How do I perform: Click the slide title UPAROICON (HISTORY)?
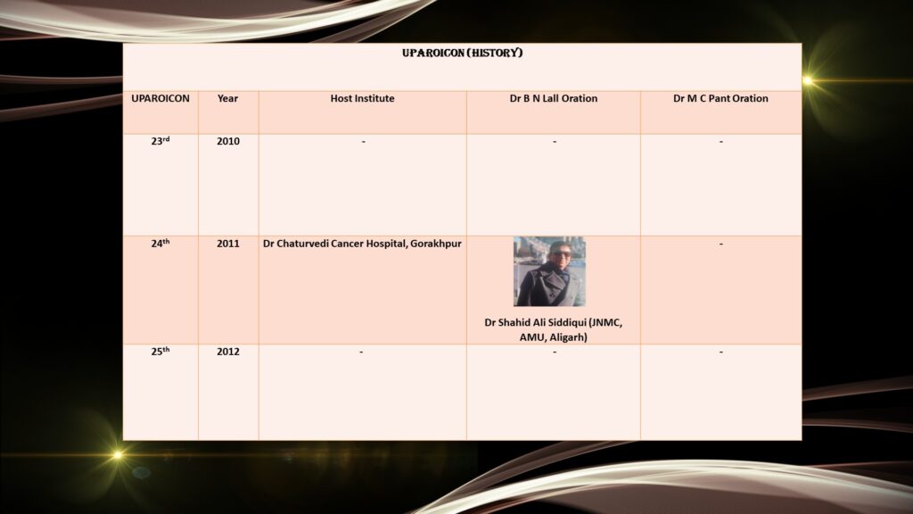(463, 53)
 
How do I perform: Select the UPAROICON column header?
(160, 98)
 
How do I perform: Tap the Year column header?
(227, 98)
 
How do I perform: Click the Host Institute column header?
(362, 98)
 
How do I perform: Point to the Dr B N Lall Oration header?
(553, 98)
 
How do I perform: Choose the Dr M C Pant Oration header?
(720, 98)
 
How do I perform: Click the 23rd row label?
(160, 141)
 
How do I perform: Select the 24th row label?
(160, 243)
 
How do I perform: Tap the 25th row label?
(160, 351)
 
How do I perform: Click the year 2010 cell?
(228, 141)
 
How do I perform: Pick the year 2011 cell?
(228, 244)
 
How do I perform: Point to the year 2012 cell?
(228, 352)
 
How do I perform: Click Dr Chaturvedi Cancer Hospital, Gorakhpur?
(362, 244)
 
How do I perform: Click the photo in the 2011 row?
(549, 271)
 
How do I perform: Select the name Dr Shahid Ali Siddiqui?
(535, 322)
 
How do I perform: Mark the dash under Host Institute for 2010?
(364, 142)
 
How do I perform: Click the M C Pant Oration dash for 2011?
(720, 244)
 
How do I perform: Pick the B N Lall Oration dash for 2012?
(555, 352)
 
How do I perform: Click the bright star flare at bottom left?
(118, 454)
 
